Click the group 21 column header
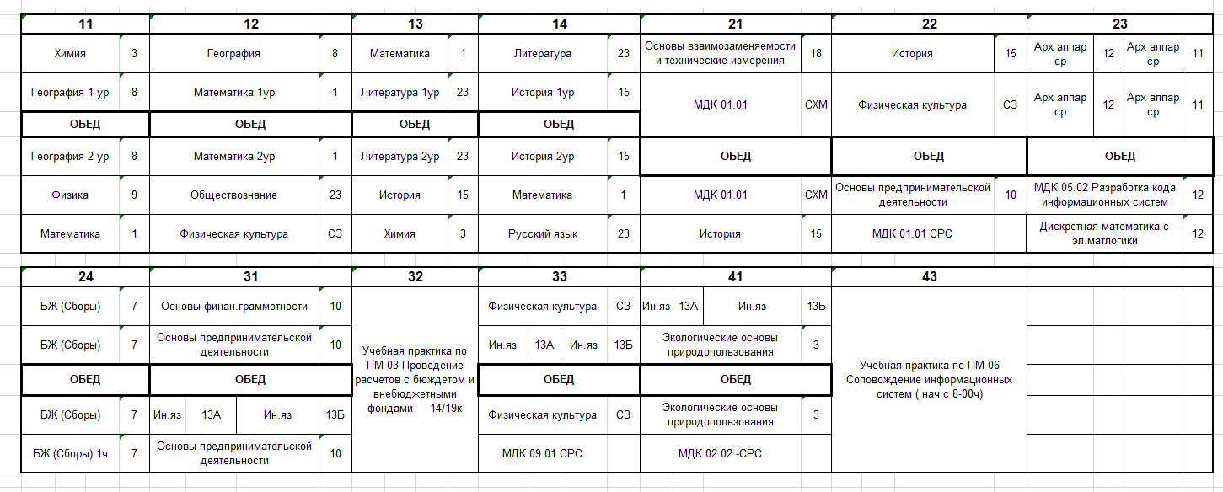(x=735, y=24)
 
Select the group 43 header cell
(x=929, y=276)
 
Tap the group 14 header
(x=559, y=24)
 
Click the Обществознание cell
(x=233, y=195)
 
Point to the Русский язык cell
(x=542, y=234)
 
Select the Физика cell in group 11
(x=70, y=195)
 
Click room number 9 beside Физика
(x=134, y=195)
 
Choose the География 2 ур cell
(x=70, y=156)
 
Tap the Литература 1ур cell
(x=400, y=93)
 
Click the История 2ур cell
(x=542, y=156)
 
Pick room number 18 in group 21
(x=816, y=53)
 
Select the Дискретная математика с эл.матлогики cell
(x=1104, y=233)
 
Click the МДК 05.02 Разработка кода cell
(x=1104, y=195)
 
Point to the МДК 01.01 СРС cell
(x=912, y=234)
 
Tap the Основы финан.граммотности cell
(x=233, y=307)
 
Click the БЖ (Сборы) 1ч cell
(x=70, y=454)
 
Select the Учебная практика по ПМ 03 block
(x=415, y=379)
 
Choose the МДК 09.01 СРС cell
(x=542, y=454)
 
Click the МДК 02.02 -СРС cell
(x=720, y=454)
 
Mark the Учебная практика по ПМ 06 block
(x=929, y=379)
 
